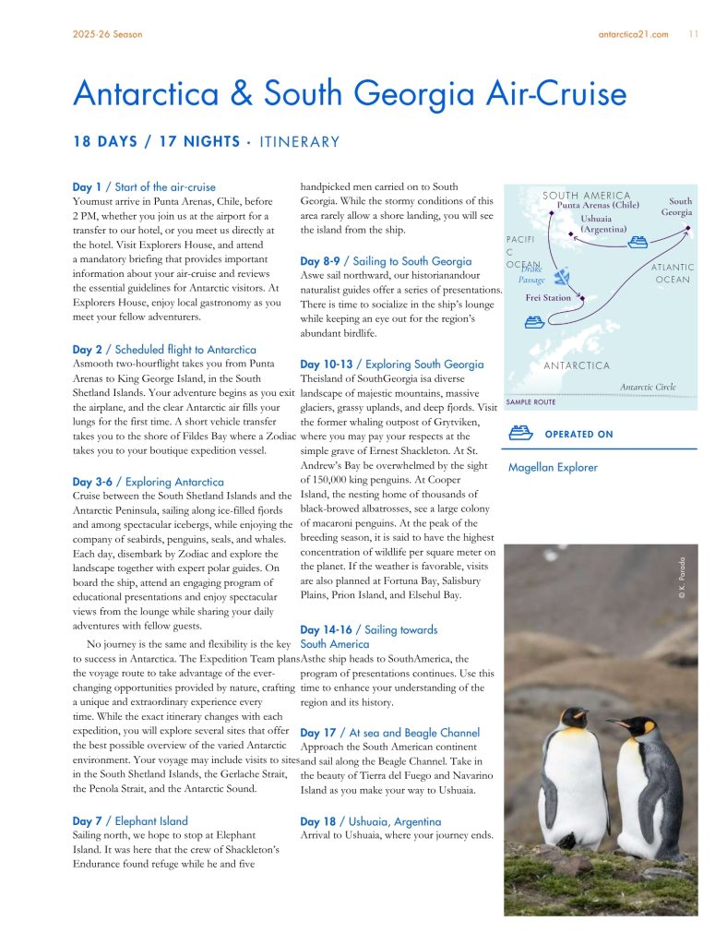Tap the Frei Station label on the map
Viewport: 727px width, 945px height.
[548, 298]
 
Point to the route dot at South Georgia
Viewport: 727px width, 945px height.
[688, 233]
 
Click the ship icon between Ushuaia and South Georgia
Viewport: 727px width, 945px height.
[637, 243]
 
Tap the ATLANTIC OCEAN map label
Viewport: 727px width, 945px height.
[672, 273]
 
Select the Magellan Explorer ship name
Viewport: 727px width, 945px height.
[553, 467]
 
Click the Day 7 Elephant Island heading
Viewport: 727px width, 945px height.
[130, 820]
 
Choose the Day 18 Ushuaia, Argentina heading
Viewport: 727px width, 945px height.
[370, 821]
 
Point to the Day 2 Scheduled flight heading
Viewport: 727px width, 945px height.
[164, 350]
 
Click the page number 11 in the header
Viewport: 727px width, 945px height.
[693, 35]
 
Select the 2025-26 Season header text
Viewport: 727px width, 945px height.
[107, 35]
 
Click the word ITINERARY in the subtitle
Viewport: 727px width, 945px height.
[300, 142]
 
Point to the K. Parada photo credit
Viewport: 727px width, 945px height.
[682, 579]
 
